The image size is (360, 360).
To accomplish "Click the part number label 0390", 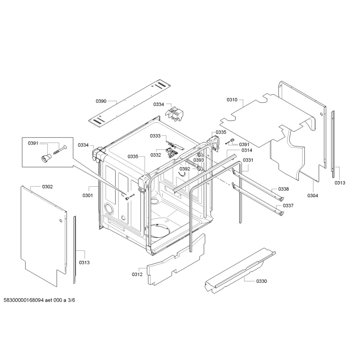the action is coord(101,101).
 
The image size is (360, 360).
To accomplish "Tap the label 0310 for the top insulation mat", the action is coord(232,100).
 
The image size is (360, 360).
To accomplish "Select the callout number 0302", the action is coord(47,187).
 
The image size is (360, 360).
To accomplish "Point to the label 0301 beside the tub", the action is coord(88,195).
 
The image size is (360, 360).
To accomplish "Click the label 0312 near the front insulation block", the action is coord(137,274).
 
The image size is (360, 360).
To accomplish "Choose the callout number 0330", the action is coord(262,281).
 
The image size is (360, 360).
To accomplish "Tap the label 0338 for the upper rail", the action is coord(284,189).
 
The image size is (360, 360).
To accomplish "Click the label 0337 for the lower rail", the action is coord(288,206).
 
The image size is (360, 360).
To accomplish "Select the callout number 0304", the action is coord(313,195).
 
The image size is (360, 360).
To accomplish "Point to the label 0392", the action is coord(185,169).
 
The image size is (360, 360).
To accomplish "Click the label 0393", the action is coord(199,160).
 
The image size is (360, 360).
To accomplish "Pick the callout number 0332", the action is coord(156,155).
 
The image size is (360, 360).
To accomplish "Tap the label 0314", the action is coord(247,150).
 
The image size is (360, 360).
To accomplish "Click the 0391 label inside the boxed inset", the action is coord(33,143).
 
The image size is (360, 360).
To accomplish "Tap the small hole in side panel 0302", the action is coord(60,221).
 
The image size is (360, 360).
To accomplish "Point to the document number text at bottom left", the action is coord(39,300).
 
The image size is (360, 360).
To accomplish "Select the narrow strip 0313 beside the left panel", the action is coord(75,250).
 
